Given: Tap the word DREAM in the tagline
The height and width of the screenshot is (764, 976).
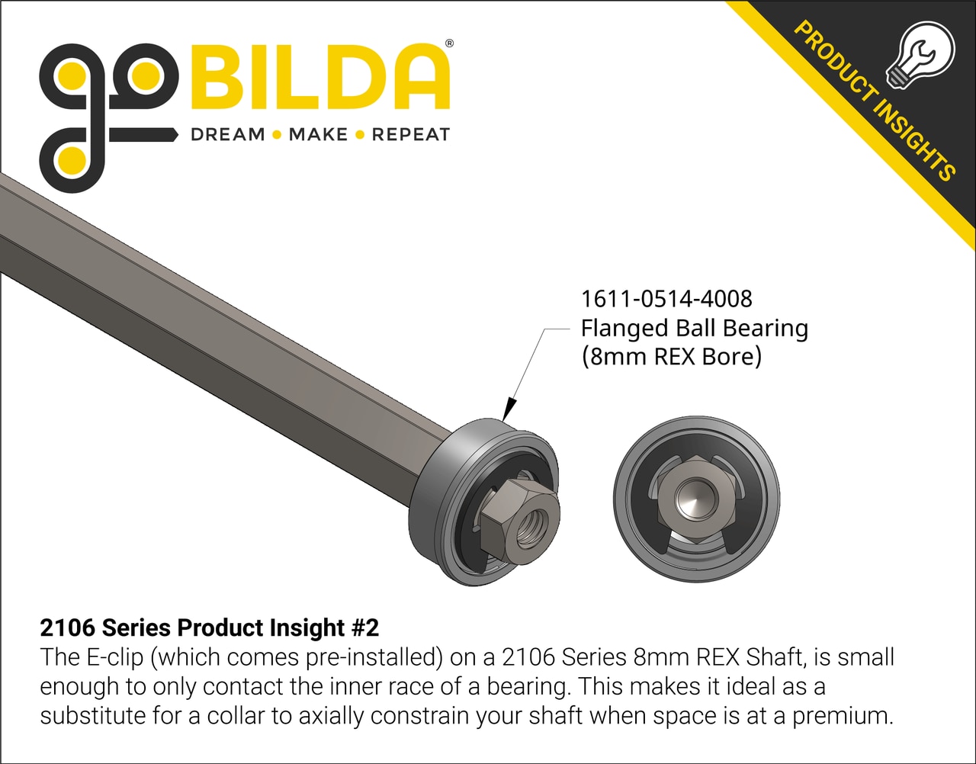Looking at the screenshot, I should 227,135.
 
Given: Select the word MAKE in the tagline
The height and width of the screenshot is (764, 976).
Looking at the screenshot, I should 318,135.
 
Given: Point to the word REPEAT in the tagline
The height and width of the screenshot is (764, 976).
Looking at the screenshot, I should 411,135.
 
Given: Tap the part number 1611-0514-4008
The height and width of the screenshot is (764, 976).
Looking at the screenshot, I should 666,298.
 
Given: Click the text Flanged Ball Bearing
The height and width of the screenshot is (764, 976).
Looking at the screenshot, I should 694,328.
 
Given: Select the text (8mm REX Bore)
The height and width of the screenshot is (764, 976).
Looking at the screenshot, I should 671,357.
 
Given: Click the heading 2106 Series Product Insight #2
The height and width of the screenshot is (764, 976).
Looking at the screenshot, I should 209,628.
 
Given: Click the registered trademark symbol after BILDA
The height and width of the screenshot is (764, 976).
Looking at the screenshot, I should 449,44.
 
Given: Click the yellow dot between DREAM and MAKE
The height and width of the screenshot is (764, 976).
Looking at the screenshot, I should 277,135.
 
